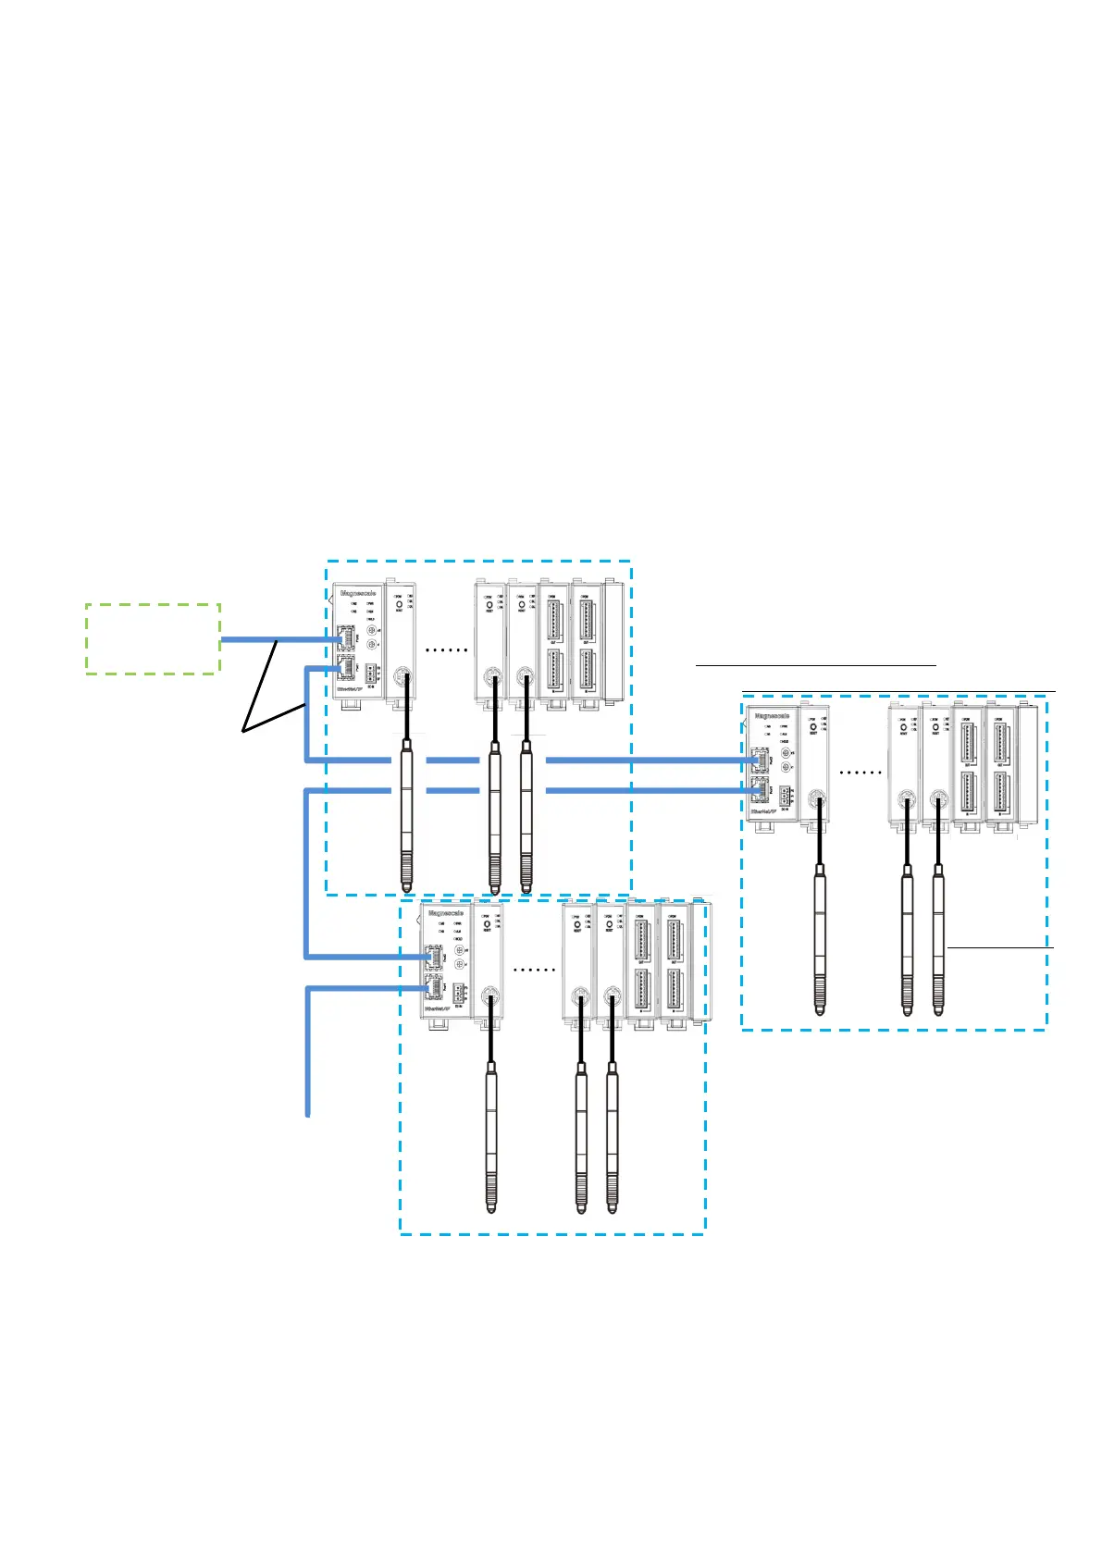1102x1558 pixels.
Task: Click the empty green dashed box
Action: click(153, 638)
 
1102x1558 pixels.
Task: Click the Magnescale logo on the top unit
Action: click(358, 593)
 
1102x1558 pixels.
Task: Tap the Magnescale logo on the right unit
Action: click(773, 715)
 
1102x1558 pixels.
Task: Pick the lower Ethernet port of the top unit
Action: click(347, 668)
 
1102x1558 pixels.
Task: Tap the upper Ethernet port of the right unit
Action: click(759, 760)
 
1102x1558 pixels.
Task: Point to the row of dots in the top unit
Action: click(446, 650)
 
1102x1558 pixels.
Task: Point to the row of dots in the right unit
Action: click(860, 772)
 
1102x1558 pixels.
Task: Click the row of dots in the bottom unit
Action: click(534, 970)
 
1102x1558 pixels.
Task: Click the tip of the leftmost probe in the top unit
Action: click(406, 885)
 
